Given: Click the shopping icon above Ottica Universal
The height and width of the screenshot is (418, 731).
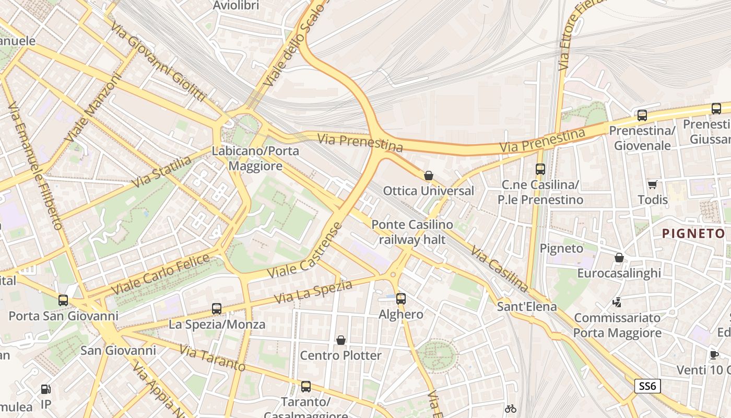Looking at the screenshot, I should (x=429, y=176).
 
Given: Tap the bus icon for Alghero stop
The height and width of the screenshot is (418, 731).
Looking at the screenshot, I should (x=400, y=299).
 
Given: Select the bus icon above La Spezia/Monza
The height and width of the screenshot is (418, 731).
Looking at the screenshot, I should (x=217, y=309).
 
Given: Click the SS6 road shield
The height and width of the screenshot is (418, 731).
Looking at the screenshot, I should (x=647, y=386).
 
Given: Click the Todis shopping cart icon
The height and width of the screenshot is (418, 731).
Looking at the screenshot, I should (x=652, y=184).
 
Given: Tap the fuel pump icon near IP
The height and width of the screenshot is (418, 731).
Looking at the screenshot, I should (x=46, y=389).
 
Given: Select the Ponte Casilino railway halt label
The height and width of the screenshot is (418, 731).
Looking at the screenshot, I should (x=412, y=232).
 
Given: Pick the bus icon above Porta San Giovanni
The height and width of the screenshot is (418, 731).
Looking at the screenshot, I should (x=63, y=300).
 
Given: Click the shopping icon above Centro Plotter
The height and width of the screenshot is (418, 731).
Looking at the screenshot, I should (x=341, y=340).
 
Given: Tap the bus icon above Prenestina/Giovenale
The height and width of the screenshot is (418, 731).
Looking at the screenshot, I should (x=642, y=115).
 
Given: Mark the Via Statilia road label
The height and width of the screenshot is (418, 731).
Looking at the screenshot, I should (x=161, y=172).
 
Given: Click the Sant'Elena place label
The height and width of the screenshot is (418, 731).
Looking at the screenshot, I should (x=527, y=306).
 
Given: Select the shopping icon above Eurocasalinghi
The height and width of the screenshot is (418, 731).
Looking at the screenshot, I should (x=619, y=258).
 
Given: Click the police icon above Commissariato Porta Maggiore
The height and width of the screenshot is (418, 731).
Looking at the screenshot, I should (x=617, y=302).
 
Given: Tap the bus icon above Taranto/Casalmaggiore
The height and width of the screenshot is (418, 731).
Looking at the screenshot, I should (x=306, y=387).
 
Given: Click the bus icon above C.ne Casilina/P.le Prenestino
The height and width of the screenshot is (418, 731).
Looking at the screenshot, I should (x=540, y=169).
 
